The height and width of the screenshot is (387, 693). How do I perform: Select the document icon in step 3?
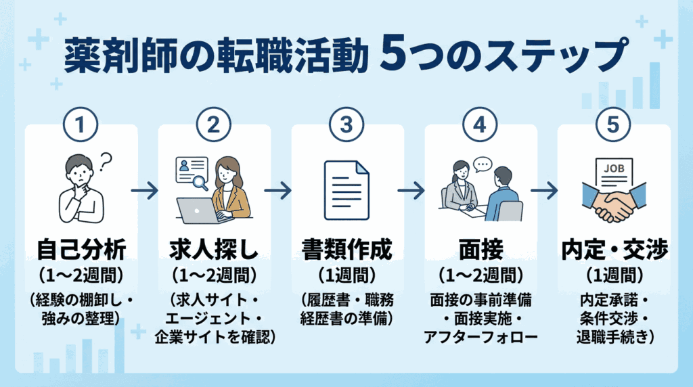pos(346,189)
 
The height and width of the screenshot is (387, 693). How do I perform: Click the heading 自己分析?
pos(81,251)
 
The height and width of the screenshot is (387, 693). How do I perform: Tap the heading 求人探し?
pos(214,251)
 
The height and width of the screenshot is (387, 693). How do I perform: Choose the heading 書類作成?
pos(347,251)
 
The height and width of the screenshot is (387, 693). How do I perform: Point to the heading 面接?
pos(480,251)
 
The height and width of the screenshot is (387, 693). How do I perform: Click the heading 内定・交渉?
pos(613,251)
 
